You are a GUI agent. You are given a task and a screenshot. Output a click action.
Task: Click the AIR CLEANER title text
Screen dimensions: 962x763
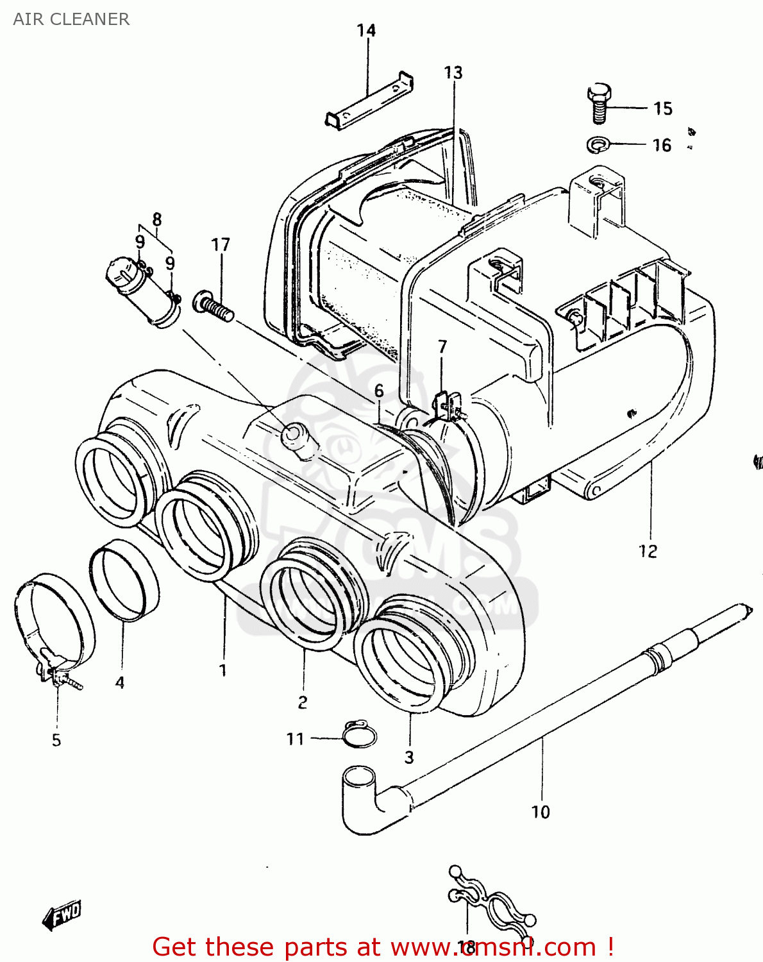71,19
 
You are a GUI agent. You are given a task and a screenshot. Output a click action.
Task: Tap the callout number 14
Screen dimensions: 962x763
366,30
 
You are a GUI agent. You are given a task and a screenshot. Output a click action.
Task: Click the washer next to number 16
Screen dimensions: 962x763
598,145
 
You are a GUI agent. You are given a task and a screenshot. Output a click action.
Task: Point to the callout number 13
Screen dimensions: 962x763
453,72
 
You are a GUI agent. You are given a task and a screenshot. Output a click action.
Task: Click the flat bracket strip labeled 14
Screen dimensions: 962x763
369,101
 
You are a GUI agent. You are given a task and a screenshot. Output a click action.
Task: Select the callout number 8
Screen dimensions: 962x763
157,219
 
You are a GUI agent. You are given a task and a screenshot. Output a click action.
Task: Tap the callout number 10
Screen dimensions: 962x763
541,812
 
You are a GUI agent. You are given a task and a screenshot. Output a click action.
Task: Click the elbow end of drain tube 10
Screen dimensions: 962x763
362,798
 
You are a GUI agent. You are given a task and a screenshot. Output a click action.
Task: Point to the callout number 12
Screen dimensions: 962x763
648,551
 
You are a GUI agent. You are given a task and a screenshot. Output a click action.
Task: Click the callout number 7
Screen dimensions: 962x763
442,347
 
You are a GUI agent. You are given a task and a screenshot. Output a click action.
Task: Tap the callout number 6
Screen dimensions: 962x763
380,391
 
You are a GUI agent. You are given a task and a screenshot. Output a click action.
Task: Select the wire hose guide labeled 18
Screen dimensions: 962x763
491,901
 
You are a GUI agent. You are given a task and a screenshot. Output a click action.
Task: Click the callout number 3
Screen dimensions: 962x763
409,757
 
